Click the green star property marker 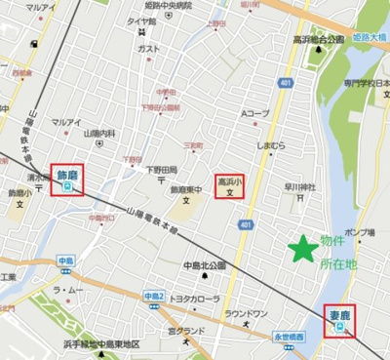[x=304, y=249]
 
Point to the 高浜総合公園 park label [x=319, y=40]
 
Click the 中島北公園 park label [x=205, y=264]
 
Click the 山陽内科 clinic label [x=98, y=133]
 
